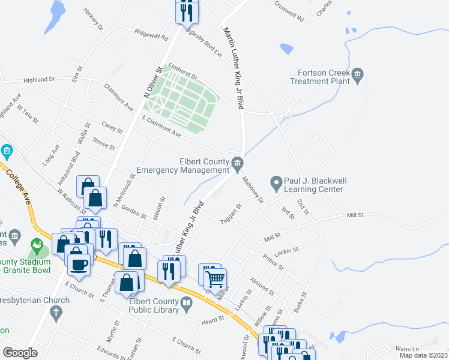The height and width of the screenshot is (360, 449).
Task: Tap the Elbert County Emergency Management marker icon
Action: click(x=237, y=162)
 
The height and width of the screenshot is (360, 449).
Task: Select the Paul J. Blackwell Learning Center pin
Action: click(x=276, y=181)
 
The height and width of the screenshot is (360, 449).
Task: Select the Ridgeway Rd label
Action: click(x=151, y=35)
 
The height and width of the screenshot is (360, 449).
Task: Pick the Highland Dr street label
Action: click(x=39, y=79)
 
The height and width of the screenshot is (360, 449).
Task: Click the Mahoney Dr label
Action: click(x=252, y=190)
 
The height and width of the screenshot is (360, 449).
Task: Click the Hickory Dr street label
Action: click(x=94, y=20)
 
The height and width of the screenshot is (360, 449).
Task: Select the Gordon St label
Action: click(x=134, y=212)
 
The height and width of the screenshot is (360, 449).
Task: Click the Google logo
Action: click(x=20, y=353)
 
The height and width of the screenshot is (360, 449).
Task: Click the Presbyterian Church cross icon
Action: click(x=55, y=313)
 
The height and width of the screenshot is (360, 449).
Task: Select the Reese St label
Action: click(x=104, y=146)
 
